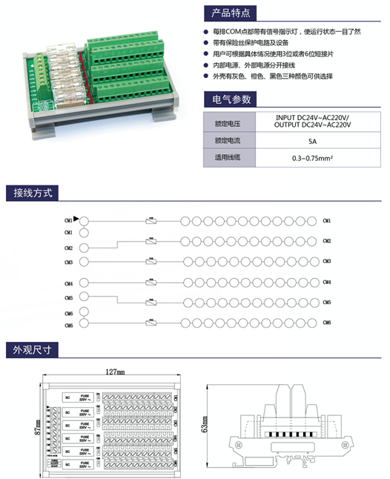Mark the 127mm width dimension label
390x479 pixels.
click(114, 371)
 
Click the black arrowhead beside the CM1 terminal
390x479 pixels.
click(76, 219)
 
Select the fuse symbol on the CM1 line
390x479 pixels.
click(151, 221)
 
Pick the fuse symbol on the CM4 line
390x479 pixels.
click(151, 283)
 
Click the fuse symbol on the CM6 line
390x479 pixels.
click(151, 324)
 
